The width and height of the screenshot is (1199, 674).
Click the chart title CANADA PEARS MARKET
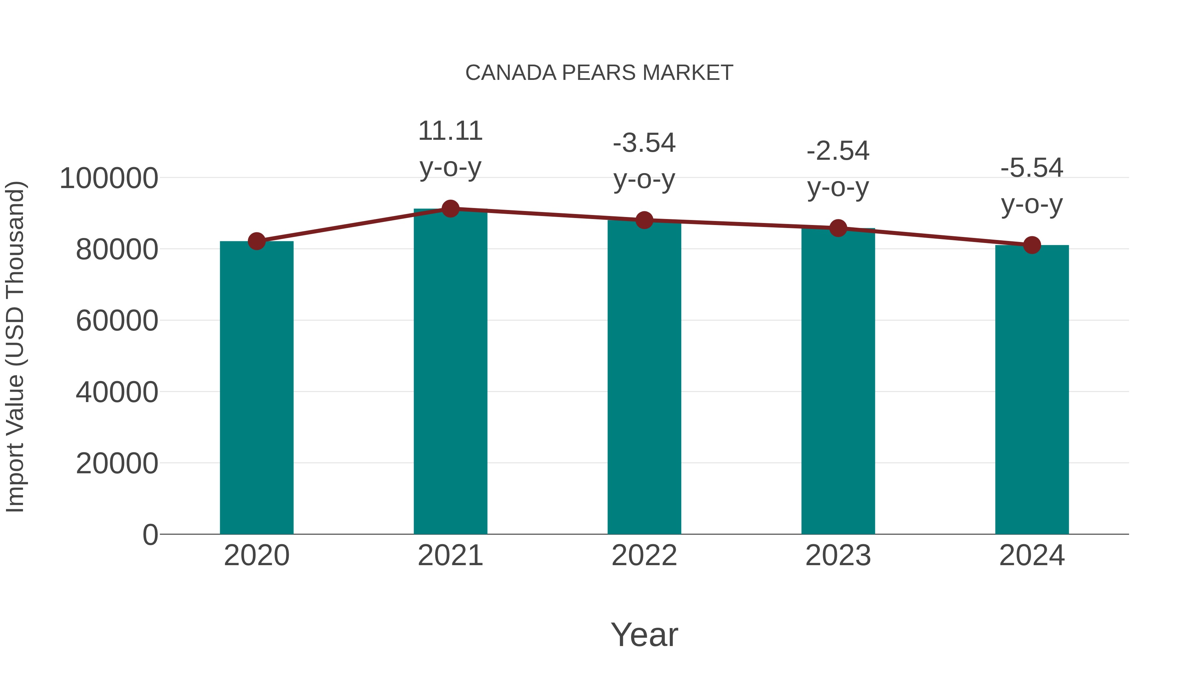tap(599, 73)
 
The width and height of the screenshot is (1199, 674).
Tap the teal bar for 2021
tap(450, 372)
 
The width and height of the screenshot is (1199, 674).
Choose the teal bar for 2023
tap(838, 381)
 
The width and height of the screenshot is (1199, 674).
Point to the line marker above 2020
tap(256, 241)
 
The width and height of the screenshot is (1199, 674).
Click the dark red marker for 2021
tap(450, 209)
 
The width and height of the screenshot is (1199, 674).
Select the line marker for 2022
tap(644, 220)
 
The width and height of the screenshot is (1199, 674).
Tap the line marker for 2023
tap(838, 228)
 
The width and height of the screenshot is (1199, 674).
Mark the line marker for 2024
tap(1032, 245)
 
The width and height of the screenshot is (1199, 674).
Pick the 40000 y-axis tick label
tap(117, 392)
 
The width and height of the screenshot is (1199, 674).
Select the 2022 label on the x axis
tap(644, 556)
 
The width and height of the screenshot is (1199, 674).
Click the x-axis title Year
tap(644, 634)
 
